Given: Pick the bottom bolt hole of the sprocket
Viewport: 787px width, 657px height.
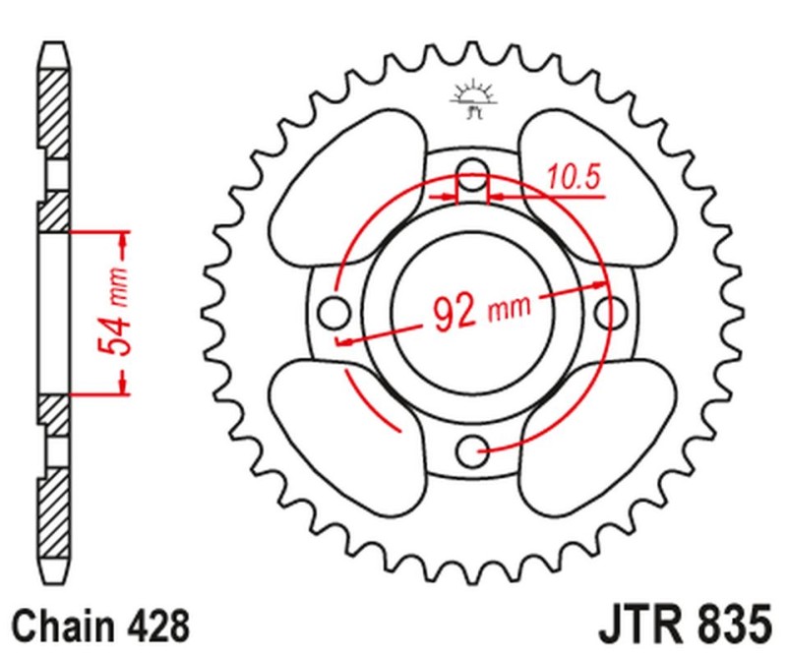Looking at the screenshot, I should point(473,451).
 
